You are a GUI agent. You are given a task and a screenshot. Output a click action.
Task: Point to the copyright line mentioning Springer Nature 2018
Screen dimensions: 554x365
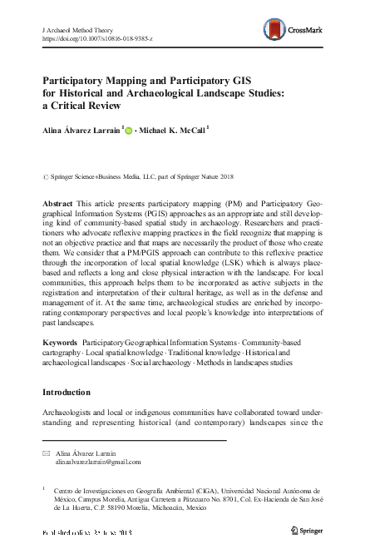[x=121, y=177]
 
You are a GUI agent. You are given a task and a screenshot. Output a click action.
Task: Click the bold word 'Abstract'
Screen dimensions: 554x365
[x=57, y=204]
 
